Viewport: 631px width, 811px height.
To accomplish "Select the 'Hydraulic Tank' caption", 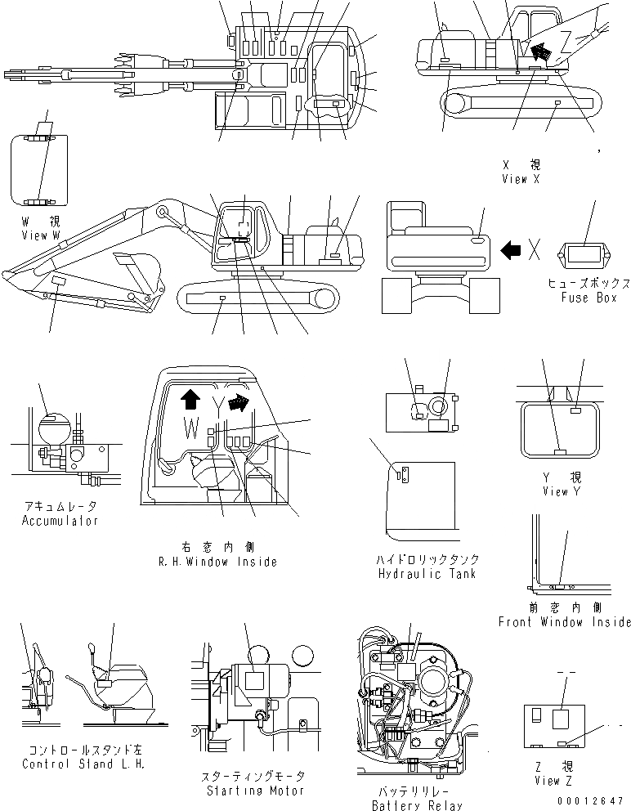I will point(427,573).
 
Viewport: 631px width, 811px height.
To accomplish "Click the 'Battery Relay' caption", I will point(417,805).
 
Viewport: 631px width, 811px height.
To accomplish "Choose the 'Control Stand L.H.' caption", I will point(83,764).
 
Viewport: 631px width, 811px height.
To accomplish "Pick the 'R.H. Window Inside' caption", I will point(217,562).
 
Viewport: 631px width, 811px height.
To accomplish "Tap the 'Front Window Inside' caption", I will point(564,622).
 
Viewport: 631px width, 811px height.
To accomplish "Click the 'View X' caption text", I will point(521,179).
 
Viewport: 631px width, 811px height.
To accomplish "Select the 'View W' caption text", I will point(41,235).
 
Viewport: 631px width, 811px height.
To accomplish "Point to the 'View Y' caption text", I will point(561,491).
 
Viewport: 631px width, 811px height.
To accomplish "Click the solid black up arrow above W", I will point(190,398).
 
